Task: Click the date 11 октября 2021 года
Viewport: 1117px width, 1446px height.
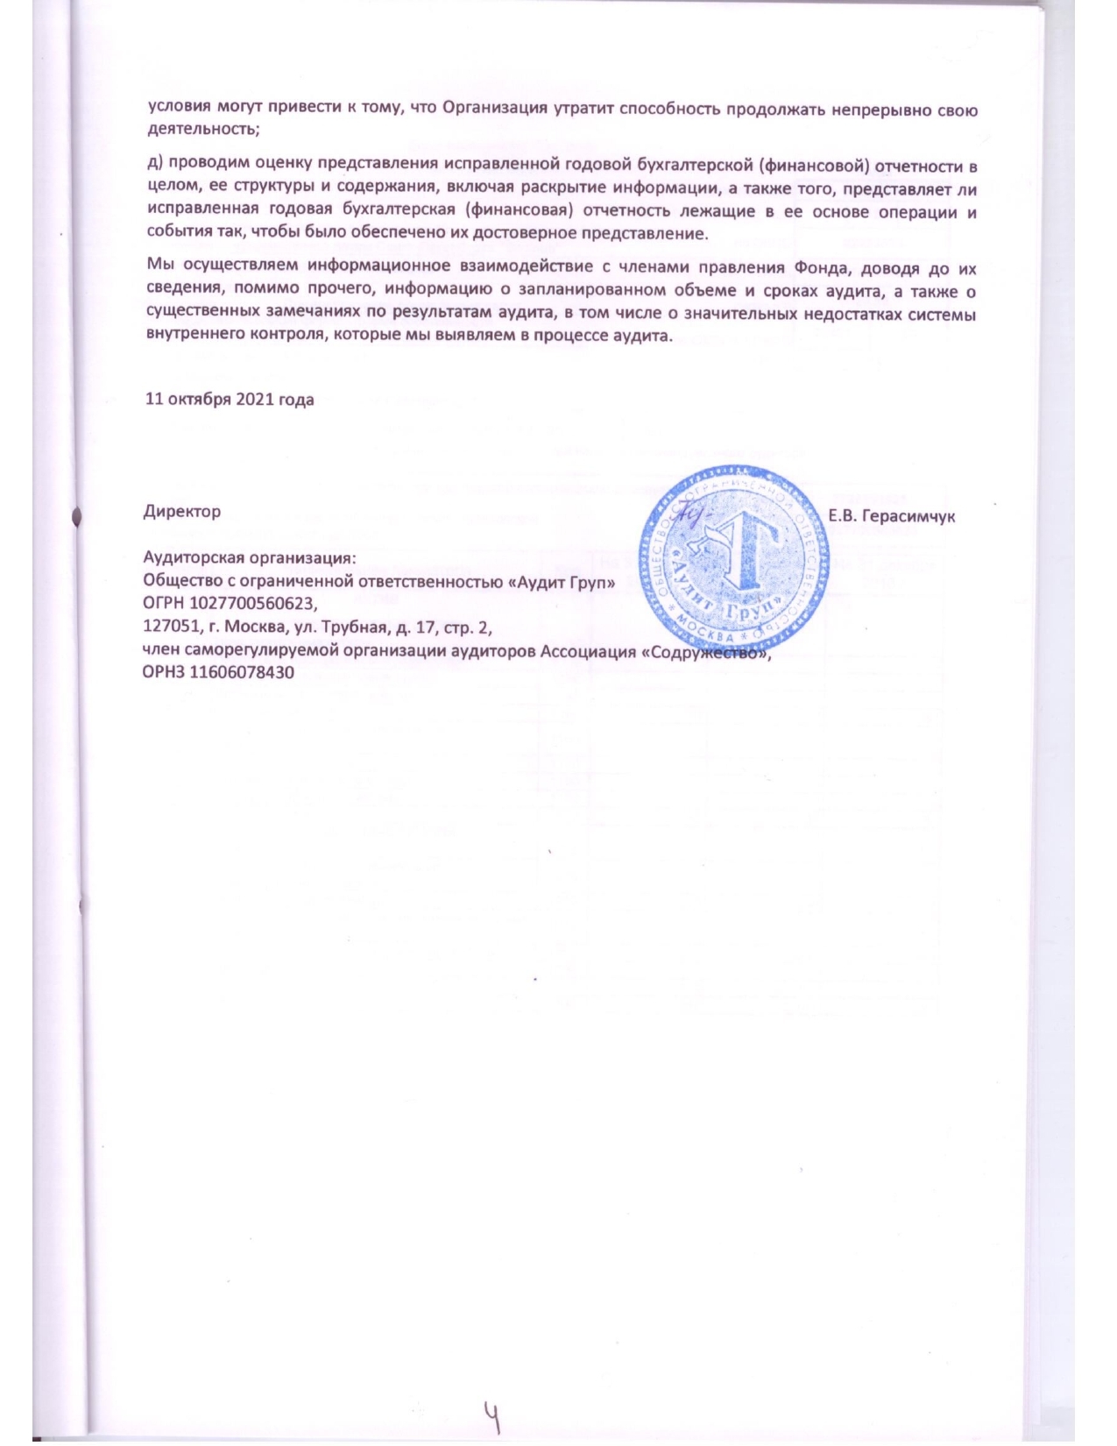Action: point(229,400)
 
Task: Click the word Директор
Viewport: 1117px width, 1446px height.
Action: point(181,511)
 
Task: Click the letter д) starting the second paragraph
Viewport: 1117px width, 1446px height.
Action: point(153,167)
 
